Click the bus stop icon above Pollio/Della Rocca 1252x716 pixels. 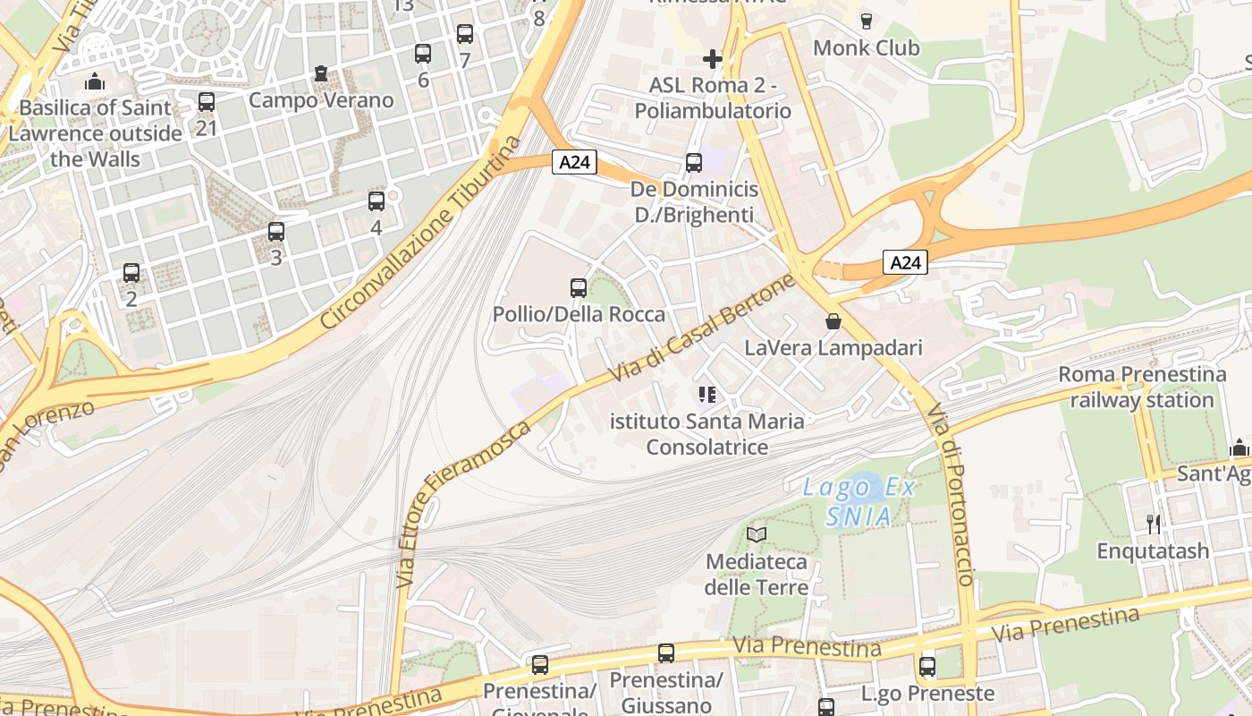tap(579, 288)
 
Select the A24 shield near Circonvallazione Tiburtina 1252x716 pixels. tap(573, 162)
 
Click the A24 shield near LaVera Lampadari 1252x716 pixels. tap(905, 262)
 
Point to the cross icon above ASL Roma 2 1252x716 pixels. tap(712, 60)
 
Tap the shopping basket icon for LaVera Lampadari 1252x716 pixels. tap(833, 321)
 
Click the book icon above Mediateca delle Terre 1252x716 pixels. tap(757, 534)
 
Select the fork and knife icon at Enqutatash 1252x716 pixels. tap(1154, 524)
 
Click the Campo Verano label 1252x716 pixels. tap(321, 99)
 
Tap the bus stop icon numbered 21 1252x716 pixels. tap(207, 102)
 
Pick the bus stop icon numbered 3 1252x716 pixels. tap(276, 232)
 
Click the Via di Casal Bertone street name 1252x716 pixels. tap(702, 328)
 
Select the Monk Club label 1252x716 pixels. tap(866, 47)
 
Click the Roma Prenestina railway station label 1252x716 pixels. tap(1142, 387)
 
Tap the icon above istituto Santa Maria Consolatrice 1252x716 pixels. tap(707, 395)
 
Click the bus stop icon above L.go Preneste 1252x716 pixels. tap(927, 667)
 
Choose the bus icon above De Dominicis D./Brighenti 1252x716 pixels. tap(694, 163)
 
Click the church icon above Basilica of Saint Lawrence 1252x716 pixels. tap(95, 82)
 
